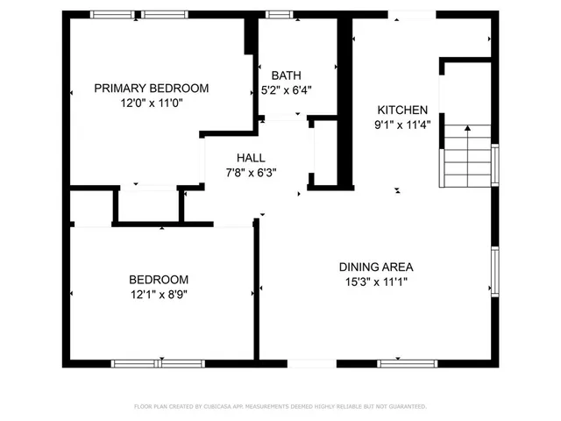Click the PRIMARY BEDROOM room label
[x=151, y=88]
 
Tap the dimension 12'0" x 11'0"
[x=151, y=103]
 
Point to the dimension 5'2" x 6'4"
[x=286, y=89]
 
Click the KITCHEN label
[x=402, y=110]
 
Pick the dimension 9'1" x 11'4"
[x=402, y=125]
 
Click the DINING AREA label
[x=376, y=267]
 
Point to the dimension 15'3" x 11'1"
[x=376, y=282]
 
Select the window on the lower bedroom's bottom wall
[x=158, y=362]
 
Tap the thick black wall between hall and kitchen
[x=346, y=105]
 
